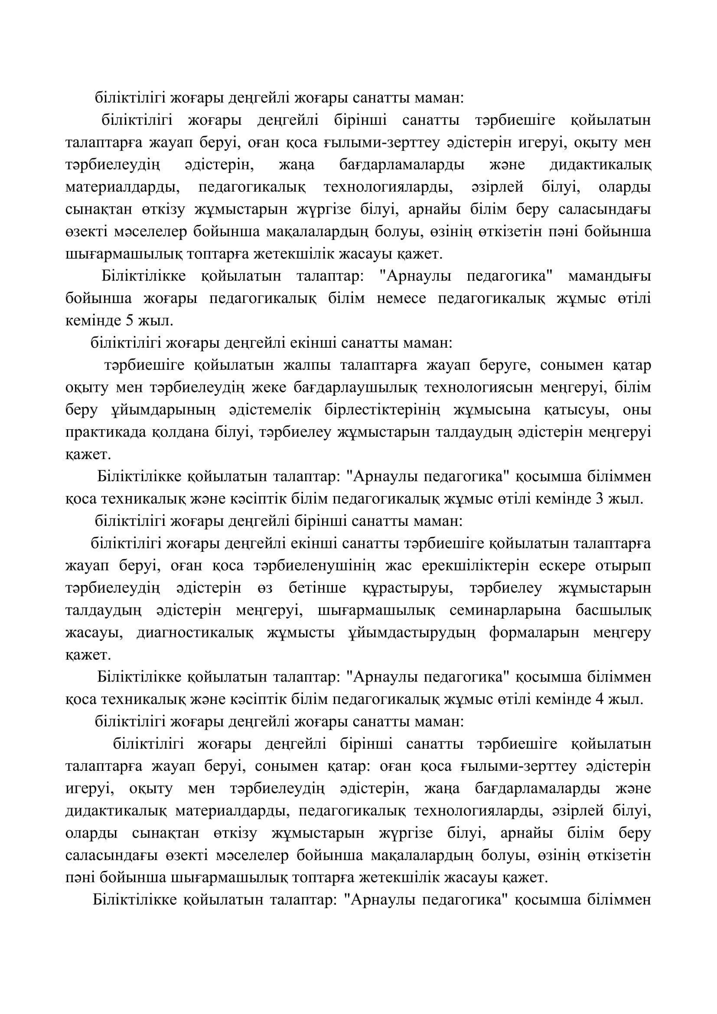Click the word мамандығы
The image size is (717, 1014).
(609, 277)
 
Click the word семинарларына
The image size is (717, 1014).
(505, 611)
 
